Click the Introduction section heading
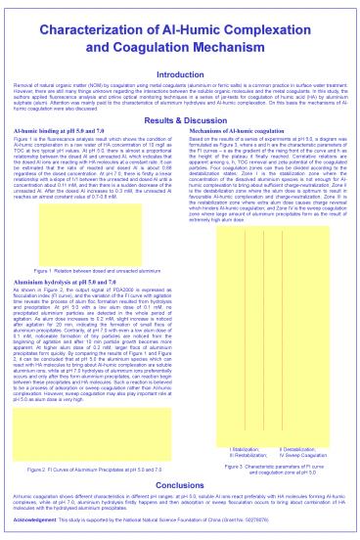coord(180,74)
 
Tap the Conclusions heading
coord(180,485)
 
